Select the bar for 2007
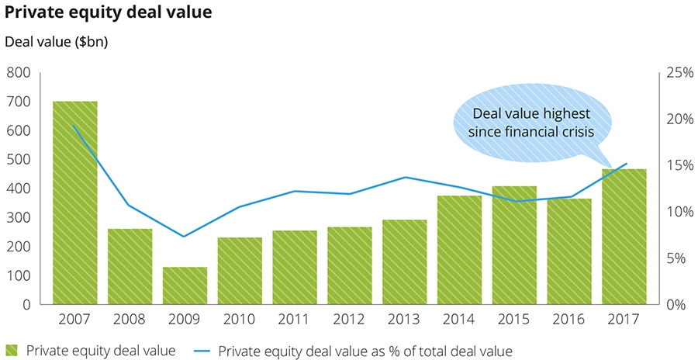tap(74, 202)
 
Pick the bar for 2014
tap(459, 250)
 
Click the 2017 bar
tap(624, 237)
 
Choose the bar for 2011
tap(295, 268)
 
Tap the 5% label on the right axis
tap(676, 258)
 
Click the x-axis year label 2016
tap(569, 319)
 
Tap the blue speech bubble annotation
tap(531, 123)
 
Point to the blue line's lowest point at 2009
tap(185, 236)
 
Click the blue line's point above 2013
tap(405, 177)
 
